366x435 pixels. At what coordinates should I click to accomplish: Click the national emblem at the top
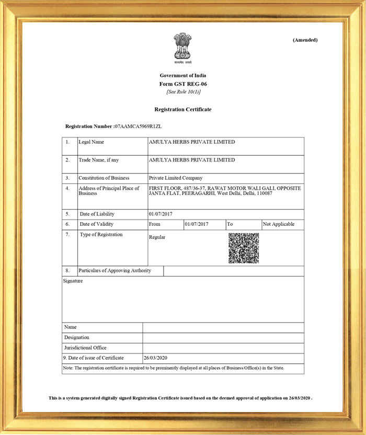click(x=182, y=47)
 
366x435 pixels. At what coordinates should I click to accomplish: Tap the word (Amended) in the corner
click(x=305, y=40)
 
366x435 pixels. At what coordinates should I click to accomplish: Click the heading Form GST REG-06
click(x=183, y=84)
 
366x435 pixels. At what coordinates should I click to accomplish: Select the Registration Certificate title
click(x=183, y=109)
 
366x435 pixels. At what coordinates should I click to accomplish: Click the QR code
click(x=244, y=248)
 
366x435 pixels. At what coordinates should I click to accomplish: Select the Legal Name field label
click(x=92, y=142)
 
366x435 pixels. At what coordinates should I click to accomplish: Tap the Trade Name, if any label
click(x=99, y=160)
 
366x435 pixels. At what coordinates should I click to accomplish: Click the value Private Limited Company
click(x=176, y=178)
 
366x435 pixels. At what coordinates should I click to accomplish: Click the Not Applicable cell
click(x=279, y=224)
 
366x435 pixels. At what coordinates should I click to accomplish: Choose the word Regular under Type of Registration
click(x=157, y=237)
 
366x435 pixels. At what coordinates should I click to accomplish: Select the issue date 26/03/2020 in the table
click(x=156, y=358)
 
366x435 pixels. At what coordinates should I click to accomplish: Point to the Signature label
click(x=73, y=281)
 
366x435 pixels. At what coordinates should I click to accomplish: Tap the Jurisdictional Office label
click(x=86, y=348)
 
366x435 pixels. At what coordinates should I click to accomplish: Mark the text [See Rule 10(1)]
click(x=183, y=92)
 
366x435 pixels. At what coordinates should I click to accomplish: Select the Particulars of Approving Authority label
click(x=115, y=270)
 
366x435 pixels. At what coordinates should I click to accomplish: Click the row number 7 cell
click(x=67, y=235)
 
